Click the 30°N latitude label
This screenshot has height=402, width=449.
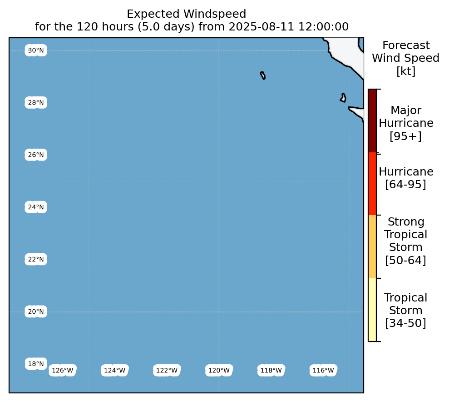coord(36,50)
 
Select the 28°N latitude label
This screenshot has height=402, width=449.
coord(36,103)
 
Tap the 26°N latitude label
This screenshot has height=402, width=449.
coord(36,155)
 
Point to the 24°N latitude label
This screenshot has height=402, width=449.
coord(36,207)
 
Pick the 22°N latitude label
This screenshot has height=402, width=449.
coord(36,259)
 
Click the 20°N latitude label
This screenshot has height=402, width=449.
coord(36,312)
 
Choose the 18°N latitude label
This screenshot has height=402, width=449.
coord(36,364)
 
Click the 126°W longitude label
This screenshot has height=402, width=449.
coord(63,371)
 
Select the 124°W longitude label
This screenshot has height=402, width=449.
coord(114,371)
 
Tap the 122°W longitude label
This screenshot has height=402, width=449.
coord(167,371)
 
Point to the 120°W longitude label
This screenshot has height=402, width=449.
coord(219,371)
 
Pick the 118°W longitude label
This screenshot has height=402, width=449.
coord(271,371)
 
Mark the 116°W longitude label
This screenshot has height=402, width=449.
coord(323,371)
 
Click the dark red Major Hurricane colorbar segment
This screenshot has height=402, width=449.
coord(372,121)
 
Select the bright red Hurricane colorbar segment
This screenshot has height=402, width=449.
coord(372,184)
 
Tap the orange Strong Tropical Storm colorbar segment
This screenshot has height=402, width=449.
coord(372,247)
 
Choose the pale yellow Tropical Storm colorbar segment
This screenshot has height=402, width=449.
coord(372,310)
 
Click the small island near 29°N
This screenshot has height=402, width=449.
coord(262,75)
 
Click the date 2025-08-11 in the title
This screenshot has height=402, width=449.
coord(262,27)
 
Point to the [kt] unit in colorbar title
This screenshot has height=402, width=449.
coord(406,71)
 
